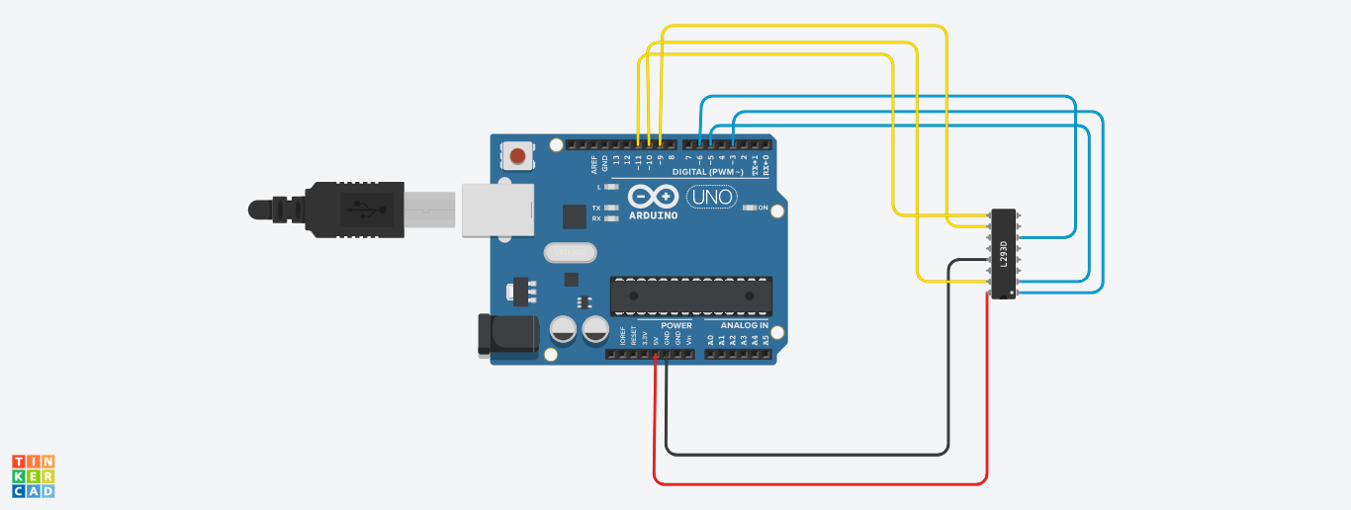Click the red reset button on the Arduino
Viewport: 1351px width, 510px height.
pyautogui.click(x=517, y=155)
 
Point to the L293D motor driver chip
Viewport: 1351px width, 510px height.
pyautogui.click(x=1003, y=254)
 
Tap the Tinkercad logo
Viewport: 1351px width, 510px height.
pyautogui.click(x=34, y=475)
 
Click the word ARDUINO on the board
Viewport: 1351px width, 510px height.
pyautogui.click(x=652, y=215)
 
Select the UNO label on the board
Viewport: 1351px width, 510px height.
pyautogui.click(x=710, y=198)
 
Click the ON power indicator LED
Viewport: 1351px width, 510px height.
pyautogui.click(x=751, y=208)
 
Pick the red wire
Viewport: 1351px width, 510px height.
pyautogui.click(x=821, y=483)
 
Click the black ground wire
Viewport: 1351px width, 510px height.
pyautogui.click(x=807, y=455)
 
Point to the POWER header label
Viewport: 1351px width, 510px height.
pyautogui.click(x=676, y=325)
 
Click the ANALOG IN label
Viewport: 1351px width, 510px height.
pyautogui.click(x=744, y=325)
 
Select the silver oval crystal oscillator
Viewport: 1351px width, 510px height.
pyautogui.click(x=571, y=253)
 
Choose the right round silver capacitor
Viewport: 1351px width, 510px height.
pyautogui.click(x=595, y=329)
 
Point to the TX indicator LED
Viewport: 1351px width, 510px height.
pyautogui.click(x=612, y=209)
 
